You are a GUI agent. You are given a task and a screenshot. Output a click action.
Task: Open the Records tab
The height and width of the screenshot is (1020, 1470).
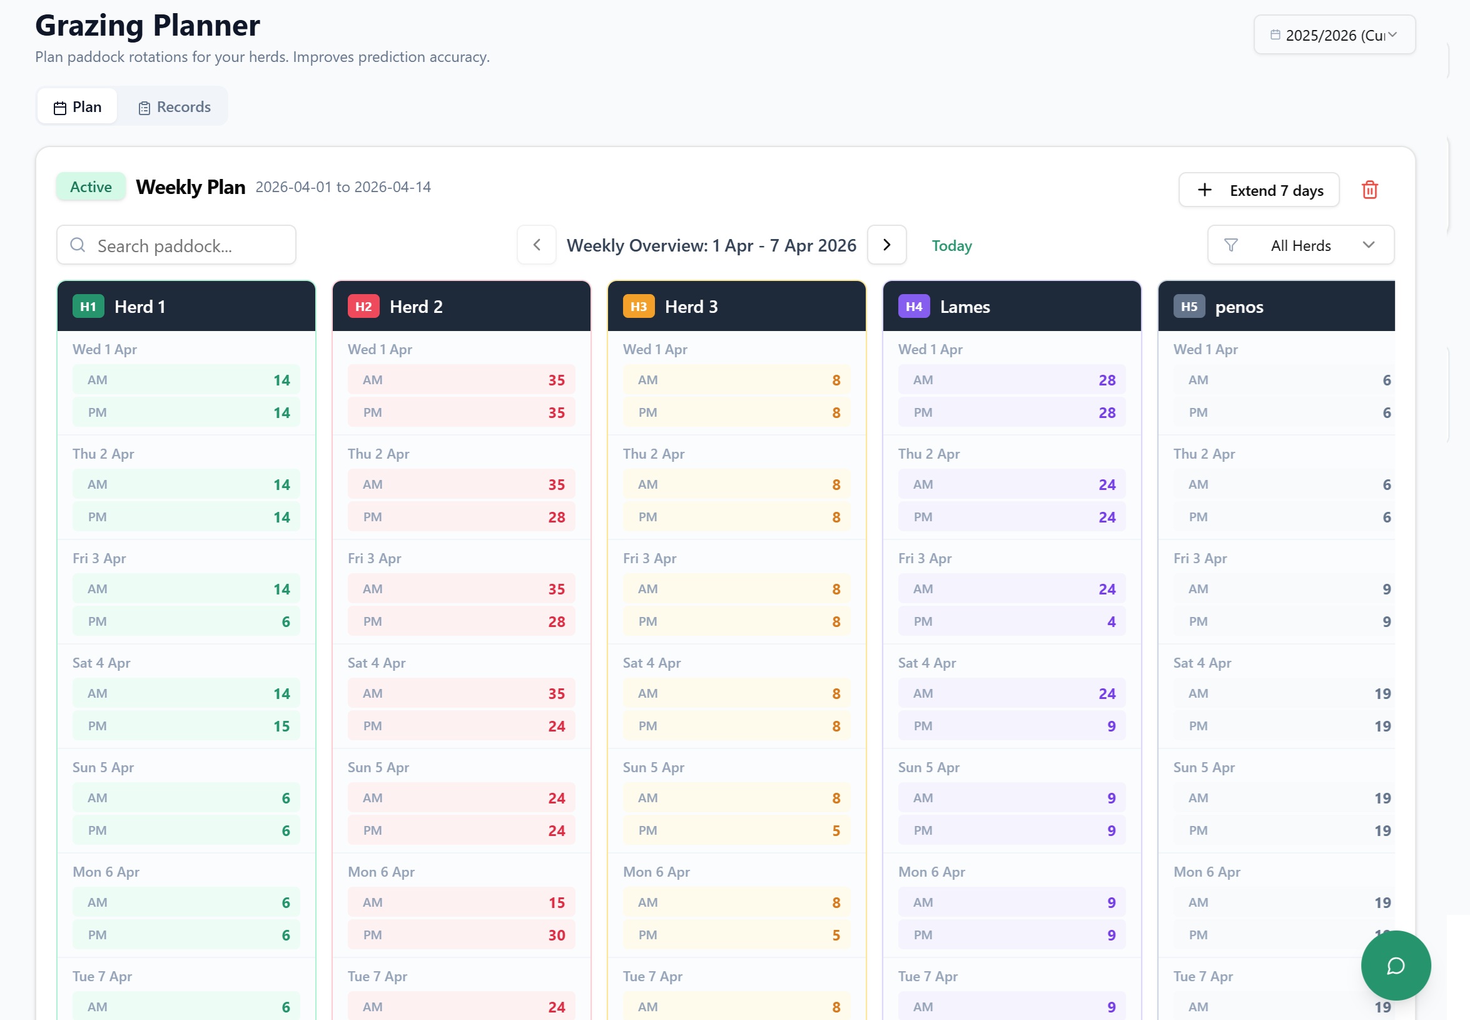point(174,107)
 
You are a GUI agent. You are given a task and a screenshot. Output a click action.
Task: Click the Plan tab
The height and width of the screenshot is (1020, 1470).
point(78,107)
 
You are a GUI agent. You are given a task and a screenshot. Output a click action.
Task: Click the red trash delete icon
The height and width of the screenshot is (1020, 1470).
point(1369,190)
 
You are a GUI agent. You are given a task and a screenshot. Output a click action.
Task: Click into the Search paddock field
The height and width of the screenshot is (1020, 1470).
point(176,245)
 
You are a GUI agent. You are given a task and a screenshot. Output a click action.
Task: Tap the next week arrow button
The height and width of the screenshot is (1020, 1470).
point(886,245)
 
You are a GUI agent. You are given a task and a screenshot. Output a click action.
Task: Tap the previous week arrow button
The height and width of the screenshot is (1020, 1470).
point(537,245)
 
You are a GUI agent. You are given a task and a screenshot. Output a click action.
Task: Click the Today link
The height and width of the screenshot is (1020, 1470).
point(951,246)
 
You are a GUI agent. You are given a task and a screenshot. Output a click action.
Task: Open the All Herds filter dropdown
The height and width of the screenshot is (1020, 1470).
point(1300,245)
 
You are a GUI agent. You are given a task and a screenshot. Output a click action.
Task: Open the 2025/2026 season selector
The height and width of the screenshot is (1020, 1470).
point(1334,35)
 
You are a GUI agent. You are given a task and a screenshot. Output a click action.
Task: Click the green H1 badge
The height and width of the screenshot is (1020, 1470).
point(88,307)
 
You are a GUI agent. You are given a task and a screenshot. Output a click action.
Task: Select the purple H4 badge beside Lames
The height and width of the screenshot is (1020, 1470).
point(913,307)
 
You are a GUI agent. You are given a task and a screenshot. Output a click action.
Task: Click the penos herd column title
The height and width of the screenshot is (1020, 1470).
point(1239,307)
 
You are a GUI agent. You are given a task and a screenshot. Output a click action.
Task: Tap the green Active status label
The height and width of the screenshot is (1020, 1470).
point(91,187)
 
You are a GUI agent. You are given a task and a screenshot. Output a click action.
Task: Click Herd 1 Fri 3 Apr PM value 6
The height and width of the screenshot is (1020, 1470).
point(286,622)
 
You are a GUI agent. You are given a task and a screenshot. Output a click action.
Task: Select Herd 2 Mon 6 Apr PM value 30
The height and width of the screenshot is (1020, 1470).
point(557,936)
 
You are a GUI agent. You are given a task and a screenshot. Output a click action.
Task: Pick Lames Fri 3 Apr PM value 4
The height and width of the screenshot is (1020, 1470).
point(1111,622)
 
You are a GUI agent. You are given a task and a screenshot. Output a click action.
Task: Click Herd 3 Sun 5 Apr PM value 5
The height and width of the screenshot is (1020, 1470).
point(836,831)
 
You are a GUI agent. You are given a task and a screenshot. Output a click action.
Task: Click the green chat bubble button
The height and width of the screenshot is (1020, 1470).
point(1396,965)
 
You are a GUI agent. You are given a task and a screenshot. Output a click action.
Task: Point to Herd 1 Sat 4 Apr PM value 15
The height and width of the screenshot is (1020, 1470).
point(281,727)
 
